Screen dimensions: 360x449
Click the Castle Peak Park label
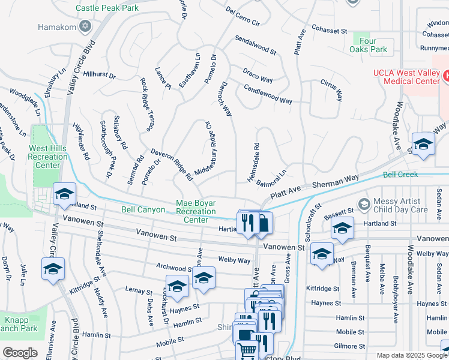pos(107,8)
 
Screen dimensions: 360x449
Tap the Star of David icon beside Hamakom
pos(85,27)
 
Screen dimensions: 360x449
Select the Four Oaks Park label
pos(369,45)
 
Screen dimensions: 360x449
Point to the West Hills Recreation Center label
pos(49,156)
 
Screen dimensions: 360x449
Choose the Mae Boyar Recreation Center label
pos(195,211)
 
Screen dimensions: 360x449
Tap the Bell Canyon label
pos(143,209)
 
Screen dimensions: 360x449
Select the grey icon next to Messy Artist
pos(363,205)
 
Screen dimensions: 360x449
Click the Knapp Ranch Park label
pos(21,324)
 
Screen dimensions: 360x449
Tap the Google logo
pos(20,352)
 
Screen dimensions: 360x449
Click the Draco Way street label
pos(258,76)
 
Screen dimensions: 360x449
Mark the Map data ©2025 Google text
pos(411,355)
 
